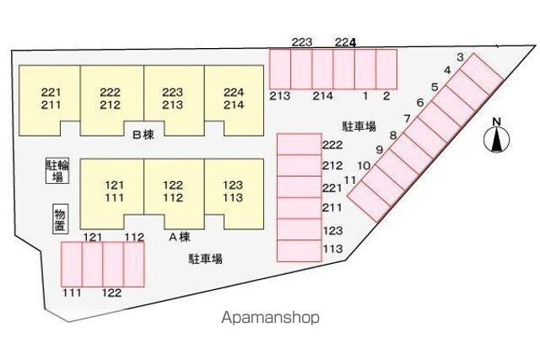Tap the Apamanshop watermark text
click(x=270, y=318)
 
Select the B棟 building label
click(x=143, y=135)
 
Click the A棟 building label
click(x=180, y=237)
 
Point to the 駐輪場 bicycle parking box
click(x=57, y=170)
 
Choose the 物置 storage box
click(x=60, y=219)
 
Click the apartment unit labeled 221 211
click(x=50, y=100)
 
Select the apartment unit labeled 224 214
click(x=235, y=100)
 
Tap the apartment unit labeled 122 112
click(x=174, y=193)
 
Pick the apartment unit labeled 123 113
click(x=234, y=193)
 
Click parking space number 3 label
click(x=460, y=57)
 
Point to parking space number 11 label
click(x=350, y=180)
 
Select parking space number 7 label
click(x=408, y=119)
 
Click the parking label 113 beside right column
click(x=332, y=249)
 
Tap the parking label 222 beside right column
click(x=332, y=145)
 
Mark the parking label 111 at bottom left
click(x=72, y=293)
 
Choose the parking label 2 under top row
click(x=386, y=95)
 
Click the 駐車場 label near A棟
click(x=205, y=259)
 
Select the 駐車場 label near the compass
click(x=359, y=126)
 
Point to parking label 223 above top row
click(x=302, y=42)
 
